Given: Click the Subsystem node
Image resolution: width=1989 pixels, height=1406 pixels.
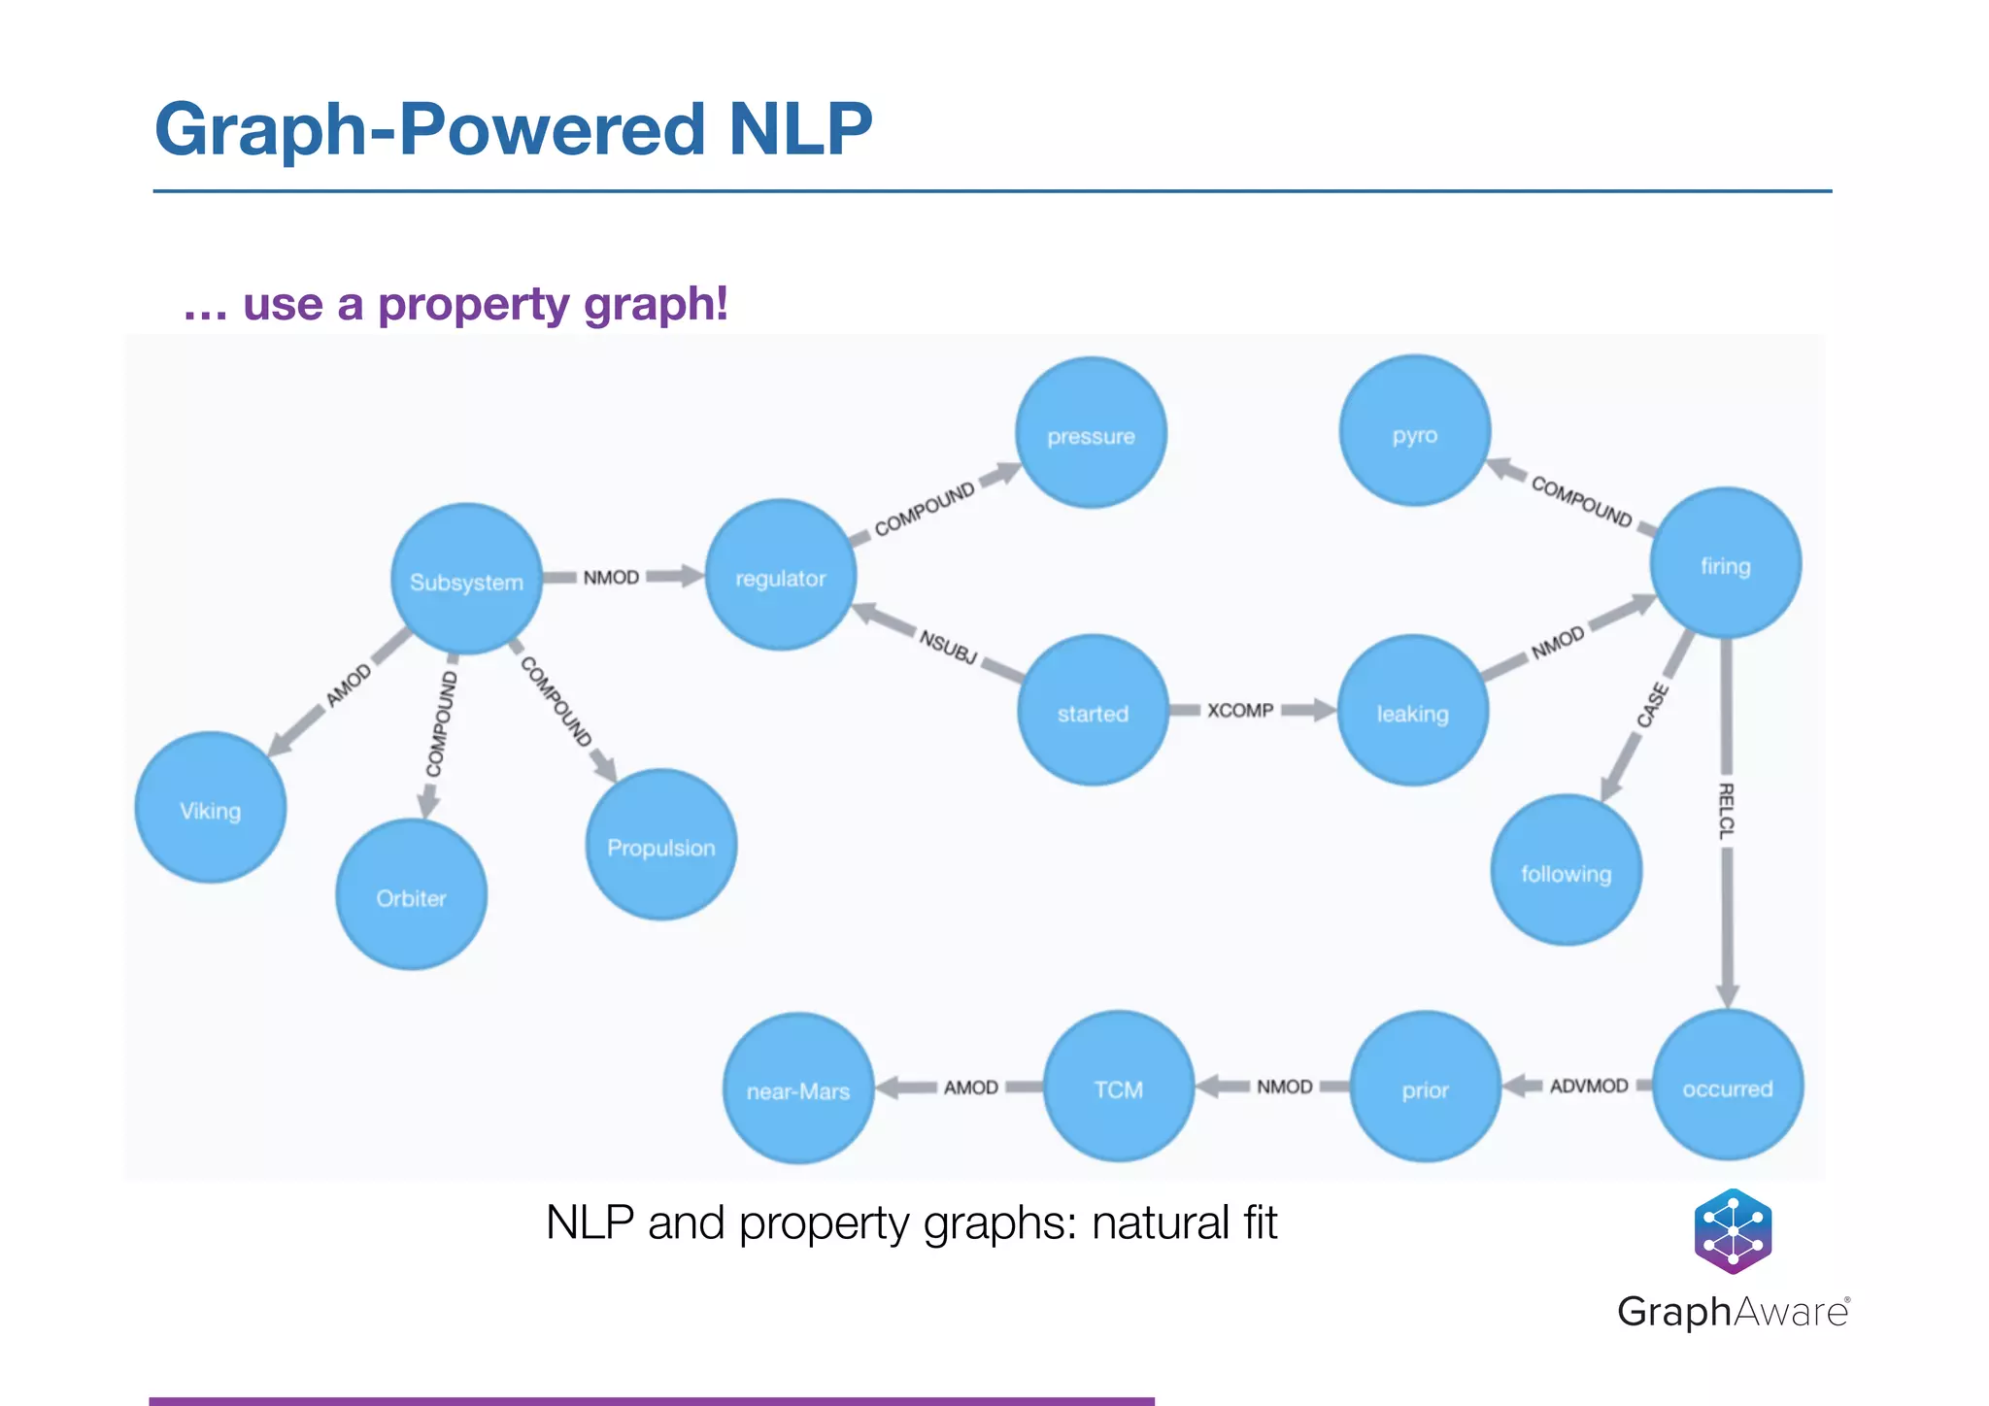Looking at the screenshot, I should point(466,580).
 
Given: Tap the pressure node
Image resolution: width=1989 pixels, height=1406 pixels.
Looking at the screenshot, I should point(1091,433).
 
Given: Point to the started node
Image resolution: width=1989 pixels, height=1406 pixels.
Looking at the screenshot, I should point(1093,711).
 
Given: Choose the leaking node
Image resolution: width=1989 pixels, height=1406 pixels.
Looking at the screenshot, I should point(1412,711).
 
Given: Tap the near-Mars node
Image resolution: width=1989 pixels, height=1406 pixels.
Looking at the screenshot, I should point(798,1088).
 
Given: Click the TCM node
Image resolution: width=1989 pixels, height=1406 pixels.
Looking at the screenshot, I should point(1119,1087).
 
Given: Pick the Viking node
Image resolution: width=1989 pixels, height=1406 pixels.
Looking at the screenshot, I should point(211,808).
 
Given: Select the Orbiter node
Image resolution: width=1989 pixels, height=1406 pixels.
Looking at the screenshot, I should point(411,895).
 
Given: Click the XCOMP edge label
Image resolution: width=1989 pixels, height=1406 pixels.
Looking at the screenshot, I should point(1240,711).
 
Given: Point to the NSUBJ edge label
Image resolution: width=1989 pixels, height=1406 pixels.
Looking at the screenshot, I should point(948,647).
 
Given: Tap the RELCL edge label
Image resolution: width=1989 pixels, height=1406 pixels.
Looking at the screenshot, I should point(1726,811).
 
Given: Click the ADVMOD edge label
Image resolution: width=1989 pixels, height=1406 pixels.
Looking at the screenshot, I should point(1589,1086).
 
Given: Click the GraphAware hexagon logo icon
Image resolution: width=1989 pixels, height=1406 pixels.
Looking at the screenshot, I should point(1733,1231).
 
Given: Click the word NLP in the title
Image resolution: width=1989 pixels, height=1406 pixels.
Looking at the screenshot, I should point(800,129).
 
